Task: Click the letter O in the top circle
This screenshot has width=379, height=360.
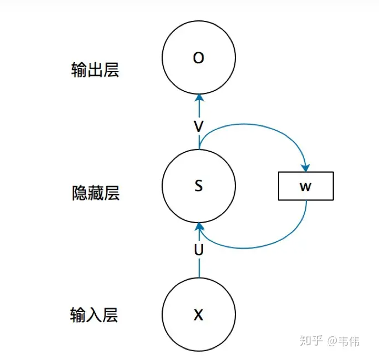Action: coord(199,58)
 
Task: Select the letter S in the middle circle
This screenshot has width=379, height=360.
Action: coord(199,186)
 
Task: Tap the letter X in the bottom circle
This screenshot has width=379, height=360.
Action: coord(199,315)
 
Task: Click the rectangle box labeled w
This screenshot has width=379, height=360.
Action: coord(306,186)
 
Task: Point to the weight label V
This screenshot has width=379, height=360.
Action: coord(199,126)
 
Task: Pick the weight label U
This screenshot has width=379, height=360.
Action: coord(199,250)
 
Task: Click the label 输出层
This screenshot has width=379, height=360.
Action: coord(95,70)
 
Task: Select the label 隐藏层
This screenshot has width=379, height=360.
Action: coord(95,193)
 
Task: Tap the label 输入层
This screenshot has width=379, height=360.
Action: coord(94,315)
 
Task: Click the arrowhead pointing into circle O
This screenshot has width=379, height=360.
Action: coord(199,98)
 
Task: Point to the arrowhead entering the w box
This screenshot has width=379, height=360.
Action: coord(306,167)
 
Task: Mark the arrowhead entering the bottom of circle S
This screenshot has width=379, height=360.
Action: coord(199,227)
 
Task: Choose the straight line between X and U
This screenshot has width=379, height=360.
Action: coord(199,268)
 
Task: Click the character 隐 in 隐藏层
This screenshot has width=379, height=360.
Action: coord(79,193)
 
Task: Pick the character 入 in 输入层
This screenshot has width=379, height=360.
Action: coord(94,315)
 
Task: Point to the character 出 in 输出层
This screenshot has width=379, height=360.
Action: coord(95,70)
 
